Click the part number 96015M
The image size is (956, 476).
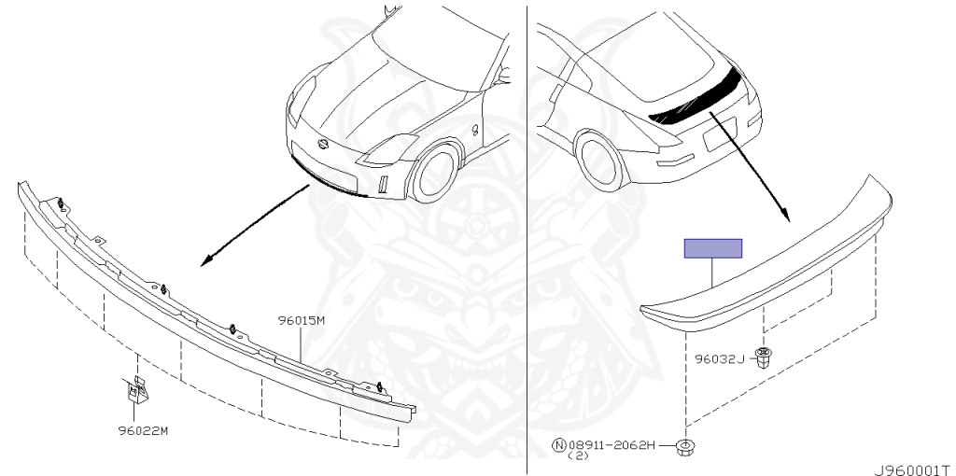[301, 320]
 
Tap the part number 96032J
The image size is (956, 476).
[719, 358]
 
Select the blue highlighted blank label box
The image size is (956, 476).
[713, 248]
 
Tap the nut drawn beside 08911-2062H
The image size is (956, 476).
[689, 448]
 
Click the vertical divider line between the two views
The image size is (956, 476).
[528, 233]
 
